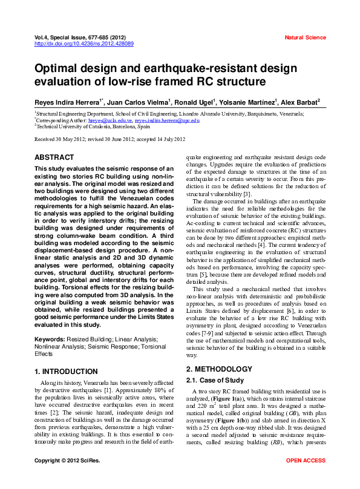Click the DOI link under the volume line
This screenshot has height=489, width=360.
[84, 44]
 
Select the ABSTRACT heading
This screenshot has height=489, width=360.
[54, 157]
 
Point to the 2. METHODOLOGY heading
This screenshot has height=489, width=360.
[219, 369]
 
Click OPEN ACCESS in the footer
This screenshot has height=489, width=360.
[306, 478]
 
